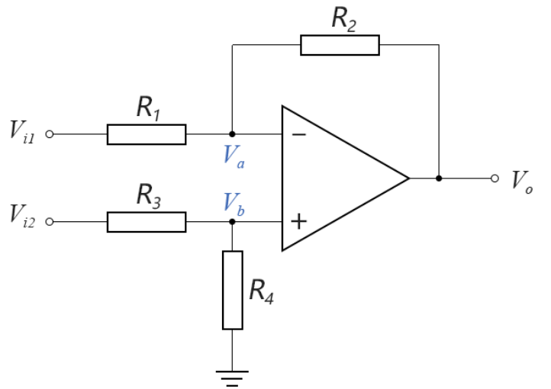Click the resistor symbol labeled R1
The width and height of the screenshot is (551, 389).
tap(146, 134)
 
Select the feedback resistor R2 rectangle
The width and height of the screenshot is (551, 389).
tap(340, 45)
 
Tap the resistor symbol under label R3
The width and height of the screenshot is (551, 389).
tap(146, 222)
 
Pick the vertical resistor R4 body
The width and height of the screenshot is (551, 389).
tap(233, 290)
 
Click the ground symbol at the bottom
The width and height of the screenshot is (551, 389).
tap(233, 374)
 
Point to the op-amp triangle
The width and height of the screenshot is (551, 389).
tap(336, 178)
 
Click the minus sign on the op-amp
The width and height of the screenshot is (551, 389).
tap(299, 135)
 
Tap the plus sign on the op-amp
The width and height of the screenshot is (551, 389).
tap(299, 222)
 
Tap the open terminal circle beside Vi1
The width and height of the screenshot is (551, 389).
tap(50, 134)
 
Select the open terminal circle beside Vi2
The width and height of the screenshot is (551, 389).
tap(50, 222)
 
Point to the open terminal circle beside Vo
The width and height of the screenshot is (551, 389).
tap(495, 178)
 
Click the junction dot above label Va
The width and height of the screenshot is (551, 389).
tap(233, 134)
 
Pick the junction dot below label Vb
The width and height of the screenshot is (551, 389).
tap(233, 222)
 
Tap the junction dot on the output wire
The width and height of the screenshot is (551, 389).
tap(439, 178)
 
